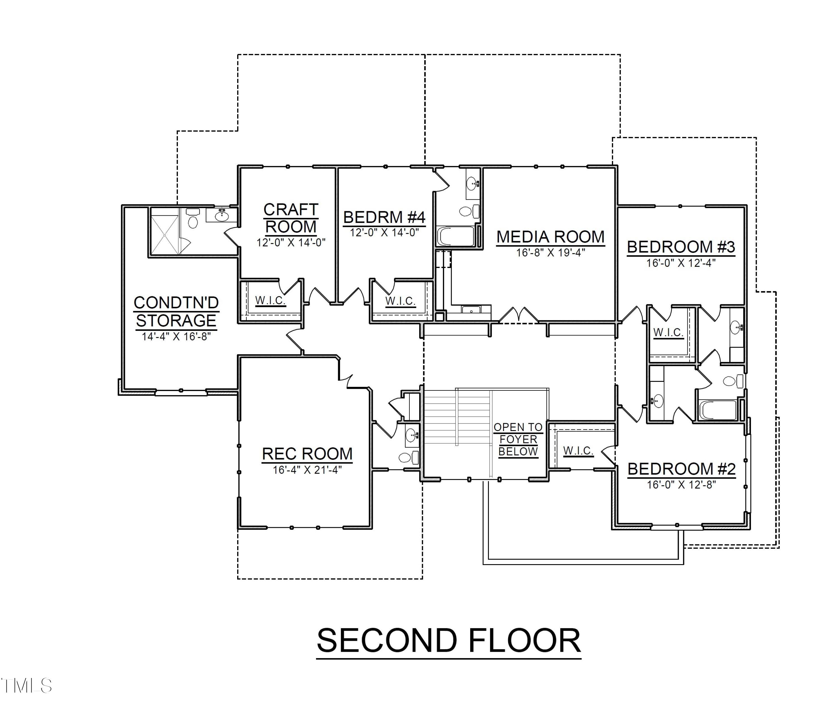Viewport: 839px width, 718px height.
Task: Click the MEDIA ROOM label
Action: click(550, 237)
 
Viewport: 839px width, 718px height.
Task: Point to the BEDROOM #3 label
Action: click(681, 247)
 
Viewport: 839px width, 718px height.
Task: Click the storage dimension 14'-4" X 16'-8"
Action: click(176, 336)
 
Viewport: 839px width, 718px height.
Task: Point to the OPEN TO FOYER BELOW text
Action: click(518, 439)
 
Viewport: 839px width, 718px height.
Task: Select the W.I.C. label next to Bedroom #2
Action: click(578, 451)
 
